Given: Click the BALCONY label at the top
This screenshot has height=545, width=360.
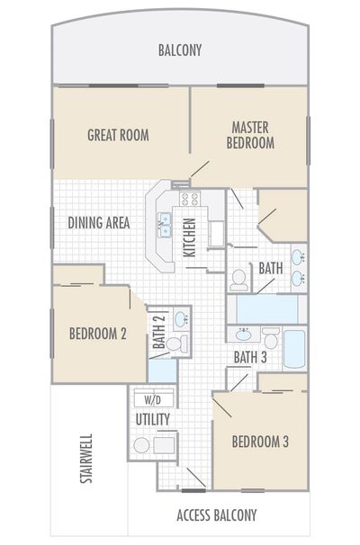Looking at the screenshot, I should (180, 50).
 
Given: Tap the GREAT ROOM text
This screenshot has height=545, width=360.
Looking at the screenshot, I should (118, 136).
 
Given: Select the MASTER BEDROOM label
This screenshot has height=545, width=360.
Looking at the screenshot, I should (251, 135).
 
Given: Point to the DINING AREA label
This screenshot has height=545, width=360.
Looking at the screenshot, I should (99, 222).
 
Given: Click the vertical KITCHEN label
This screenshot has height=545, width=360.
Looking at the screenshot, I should (190, 237).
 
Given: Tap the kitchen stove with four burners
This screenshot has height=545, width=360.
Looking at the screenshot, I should (190, 200).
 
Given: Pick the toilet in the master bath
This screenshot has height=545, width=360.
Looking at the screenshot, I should (238, 281).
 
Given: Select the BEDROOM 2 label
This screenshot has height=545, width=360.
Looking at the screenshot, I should (97, 334).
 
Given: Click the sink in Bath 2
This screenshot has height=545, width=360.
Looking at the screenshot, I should (180, 318).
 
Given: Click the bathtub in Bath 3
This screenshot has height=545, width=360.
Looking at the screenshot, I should (295, 349).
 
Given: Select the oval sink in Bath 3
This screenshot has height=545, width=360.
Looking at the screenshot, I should (243, 335).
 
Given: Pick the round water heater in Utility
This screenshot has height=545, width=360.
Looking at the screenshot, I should (141, 445).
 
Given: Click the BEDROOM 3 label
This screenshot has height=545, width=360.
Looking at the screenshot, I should (260, 442).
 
